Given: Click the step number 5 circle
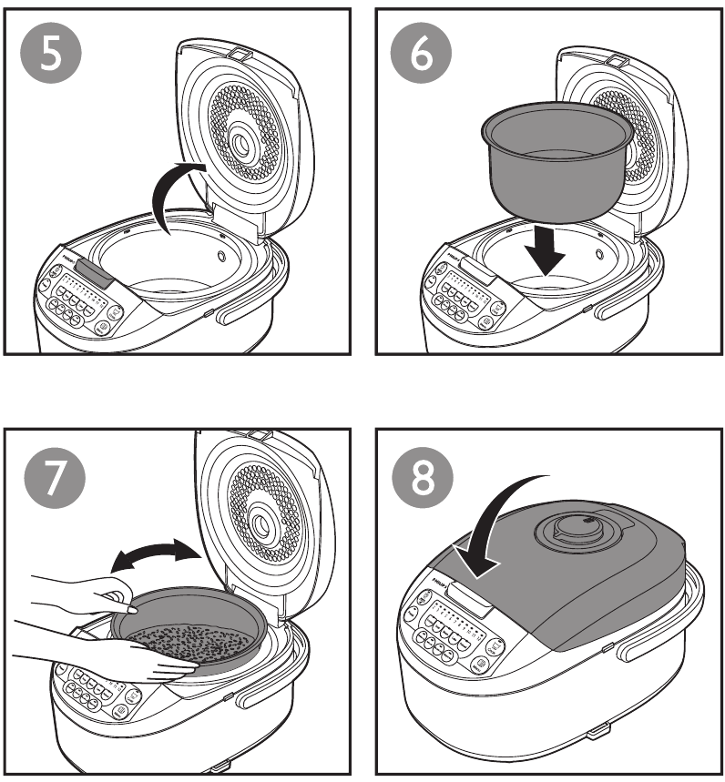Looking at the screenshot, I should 52,54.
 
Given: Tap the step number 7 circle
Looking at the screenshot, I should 52,480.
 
